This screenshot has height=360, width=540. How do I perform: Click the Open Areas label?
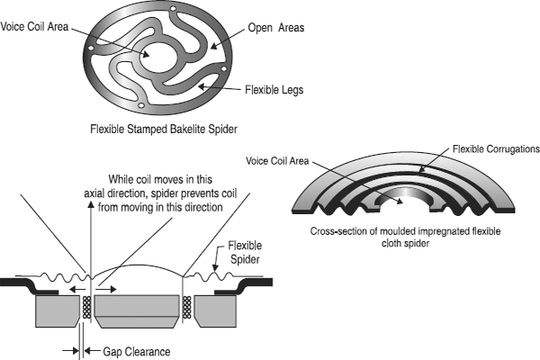pos(276,28)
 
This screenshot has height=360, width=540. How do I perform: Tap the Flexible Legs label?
pos(274,90)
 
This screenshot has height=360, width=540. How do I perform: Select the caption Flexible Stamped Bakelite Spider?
pos(164,130)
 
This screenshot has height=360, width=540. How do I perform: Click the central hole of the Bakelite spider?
pos(158,58)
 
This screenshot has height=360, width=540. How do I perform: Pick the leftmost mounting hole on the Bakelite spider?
pos(91,49)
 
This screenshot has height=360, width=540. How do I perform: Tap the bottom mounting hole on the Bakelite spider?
pos(140,105)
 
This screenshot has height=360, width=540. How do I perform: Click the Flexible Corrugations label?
pos(496,149)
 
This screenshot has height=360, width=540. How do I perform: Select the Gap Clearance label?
pos(137,352)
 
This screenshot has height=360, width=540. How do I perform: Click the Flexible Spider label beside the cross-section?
pos(245,252)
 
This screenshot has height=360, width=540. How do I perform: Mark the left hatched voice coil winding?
pos(86,307)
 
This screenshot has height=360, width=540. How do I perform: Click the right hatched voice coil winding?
pos(186,307)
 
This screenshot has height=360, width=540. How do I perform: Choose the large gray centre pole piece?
pos(137,311)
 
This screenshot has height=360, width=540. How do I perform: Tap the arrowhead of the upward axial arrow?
pos(91,204)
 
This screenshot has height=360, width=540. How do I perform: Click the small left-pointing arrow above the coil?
pos(77,290)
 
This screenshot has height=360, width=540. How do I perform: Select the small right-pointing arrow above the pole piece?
pos(106,290)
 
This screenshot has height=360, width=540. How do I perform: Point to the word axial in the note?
pos(94,193)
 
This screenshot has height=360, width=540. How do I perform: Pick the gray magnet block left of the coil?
pos(58,311)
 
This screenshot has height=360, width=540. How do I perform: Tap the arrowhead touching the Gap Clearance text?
pos(87,351)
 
